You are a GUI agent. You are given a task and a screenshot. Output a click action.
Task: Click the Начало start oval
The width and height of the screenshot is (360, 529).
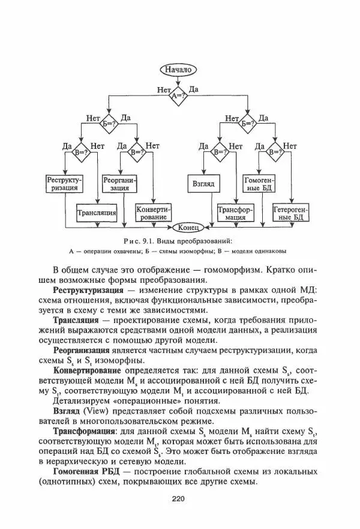[x=177, y=70]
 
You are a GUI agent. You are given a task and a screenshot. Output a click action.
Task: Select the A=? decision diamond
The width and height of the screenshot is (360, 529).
[x=177, y=95]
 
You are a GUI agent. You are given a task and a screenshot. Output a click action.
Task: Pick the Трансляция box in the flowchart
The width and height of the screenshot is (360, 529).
[x=96, y=212]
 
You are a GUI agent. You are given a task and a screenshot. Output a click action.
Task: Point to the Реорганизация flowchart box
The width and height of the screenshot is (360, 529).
[x=120, y=184]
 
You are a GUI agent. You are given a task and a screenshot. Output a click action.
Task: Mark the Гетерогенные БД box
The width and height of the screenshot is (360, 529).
[x=291, y=212]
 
